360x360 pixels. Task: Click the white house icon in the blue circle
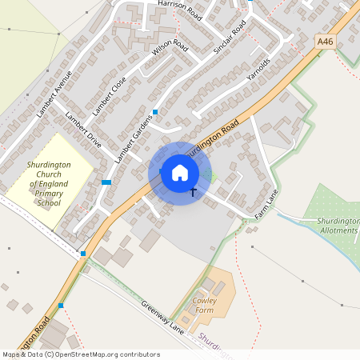tap(180, 173)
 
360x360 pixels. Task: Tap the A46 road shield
tap(325, 40)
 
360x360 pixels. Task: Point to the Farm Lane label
tap(266, 205)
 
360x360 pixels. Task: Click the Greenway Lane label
tap(163, 315)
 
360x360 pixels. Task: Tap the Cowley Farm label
tap(206, 306)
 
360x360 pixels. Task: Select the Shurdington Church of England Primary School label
tap(49, 183)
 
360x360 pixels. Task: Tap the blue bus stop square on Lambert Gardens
tap(155, 111)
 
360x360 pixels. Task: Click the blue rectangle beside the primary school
tap(106, 182)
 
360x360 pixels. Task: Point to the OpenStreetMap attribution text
tap(81, 354)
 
